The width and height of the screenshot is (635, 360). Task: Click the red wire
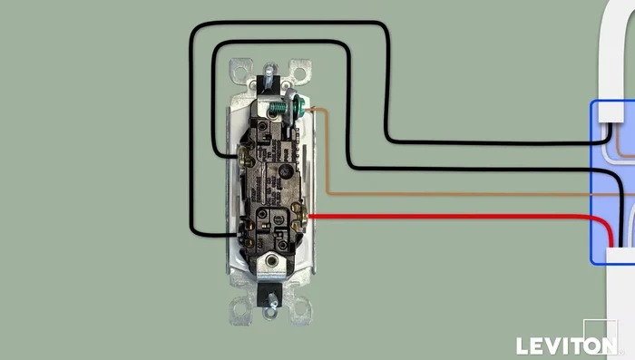point(454,217)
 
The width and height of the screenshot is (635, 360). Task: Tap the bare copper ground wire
point(454,194)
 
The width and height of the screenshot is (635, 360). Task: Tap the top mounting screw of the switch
point(269,73)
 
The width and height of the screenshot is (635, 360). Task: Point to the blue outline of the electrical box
point(591,181)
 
